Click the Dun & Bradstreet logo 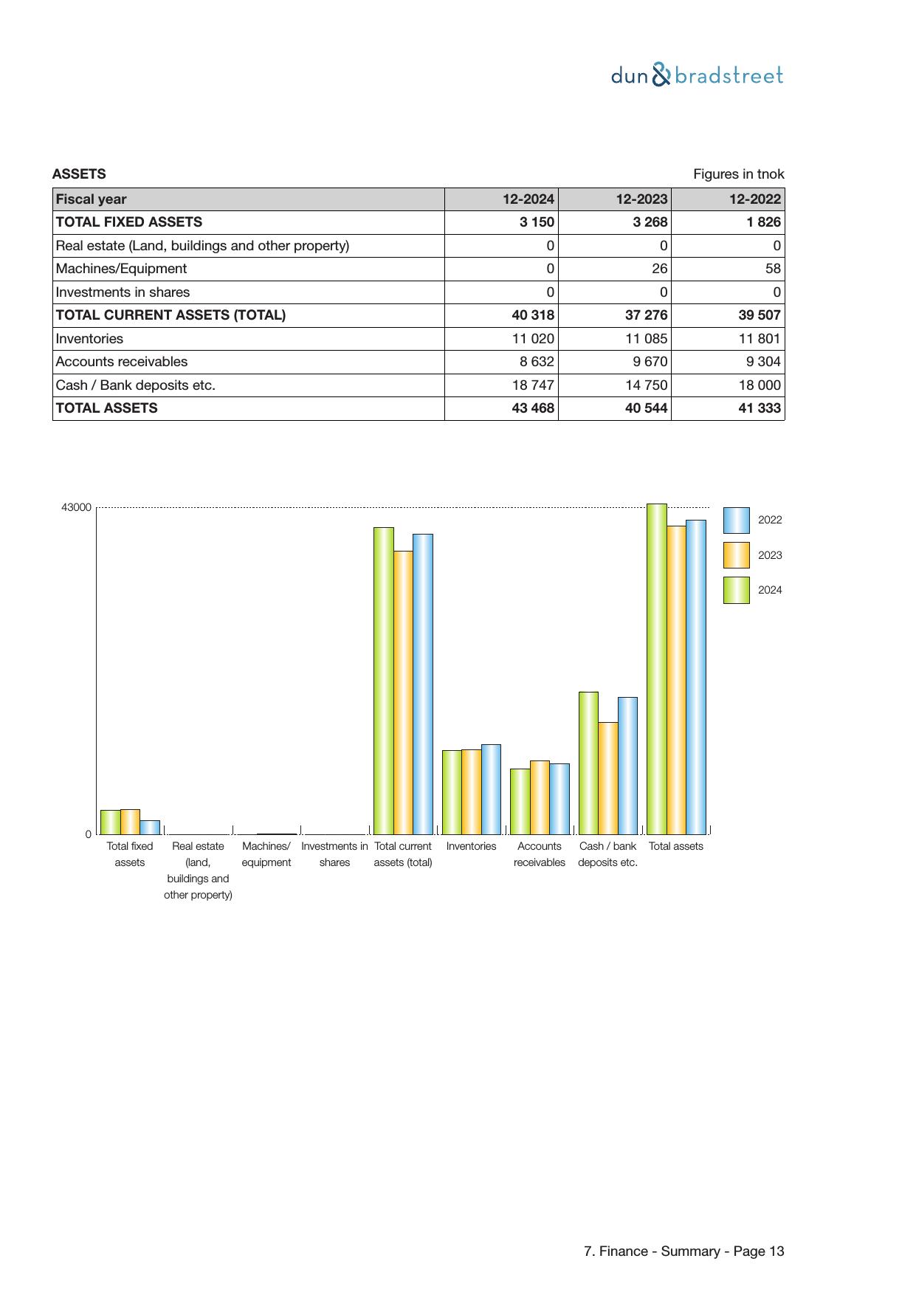pos(697,75)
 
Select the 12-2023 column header pos(641,199)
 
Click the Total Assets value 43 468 pos(532,408)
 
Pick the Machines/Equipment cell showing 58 pos(773,269)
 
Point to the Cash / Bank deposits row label pos(135,385)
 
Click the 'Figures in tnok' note pos(738,174)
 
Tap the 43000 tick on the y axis pos(76,508)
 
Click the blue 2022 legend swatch pos(736,521)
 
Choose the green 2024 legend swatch pos(736,590)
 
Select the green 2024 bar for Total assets pos(656,669)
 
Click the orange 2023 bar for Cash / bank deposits pos(607,778)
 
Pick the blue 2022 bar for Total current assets pos(422,684)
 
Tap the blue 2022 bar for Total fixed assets pos(149,828)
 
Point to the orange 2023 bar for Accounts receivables pos(540,797)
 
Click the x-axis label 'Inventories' pos(471,846)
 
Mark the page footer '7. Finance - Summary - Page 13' pos(683,1251)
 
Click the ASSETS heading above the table pos(79,174)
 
